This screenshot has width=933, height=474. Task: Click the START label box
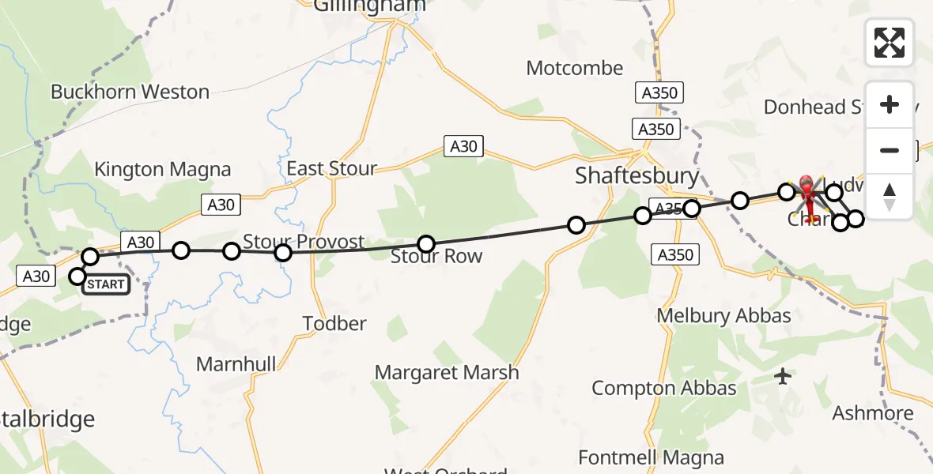click(106, 284)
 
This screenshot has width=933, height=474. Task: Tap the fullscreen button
click(890, 43)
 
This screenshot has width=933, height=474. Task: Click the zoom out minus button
click(890, 150)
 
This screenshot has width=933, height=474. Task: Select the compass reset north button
click(890, 196)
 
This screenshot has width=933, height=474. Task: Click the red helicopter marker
click(807, 193)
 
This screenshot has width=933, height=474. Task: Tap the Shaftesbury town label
click(637, 175)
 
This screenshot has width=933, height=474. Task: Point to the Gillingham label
click(369, 6)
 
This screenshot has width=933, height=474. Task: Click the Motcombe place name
click(575, 69)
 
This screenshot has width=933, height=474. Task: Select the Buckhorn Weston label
click(130, 92)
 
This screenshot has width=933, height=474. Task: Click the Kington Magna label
click(162, 169)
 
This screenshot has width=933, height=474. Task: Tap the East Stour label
click(331, 169)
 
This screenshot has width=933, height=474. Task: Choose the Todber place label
click(335, 323)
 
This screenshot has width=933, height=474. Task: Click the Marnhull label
click(236, 364)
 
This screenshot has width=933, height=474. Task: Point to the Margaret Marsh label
click(447, 372)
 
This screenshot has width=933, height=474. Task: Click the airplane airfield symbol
click(783, 377)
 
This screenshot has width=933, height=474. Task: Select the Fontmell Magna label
click(651, 457)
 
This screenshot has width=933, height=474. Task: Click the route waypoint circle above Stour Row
click(426, 244)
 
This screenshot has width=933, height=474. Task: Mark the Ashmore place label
click(872, 413)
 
